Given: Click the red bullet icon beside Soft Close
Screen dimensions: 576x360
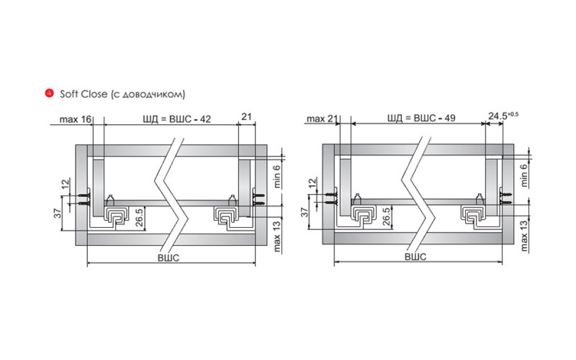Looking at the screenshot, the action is click(49, 93).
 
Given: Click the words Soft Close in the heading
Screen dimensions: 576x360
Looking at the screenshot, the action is click(84, 94).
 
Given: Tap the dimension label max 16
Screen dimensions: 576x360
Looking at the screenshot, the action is click(75, 120).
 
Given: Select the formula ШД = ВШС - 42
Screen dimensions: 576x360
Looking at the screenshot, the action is click(177, 119).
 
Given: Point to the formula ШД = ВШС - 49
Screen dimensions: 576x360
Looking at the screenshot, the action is click(421, 118).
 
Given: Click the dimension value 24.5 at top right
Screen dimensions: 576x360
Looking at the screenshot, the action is click(498, 116).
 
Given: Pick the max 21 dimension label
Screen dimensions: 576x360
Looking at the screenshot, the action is click(322, 119).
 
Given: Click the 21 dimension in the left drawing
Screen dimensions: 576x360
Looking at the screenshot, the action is click(246, 117).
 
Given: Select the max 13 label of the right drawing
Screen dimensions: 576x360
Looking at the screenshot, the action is click(524, 236).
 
